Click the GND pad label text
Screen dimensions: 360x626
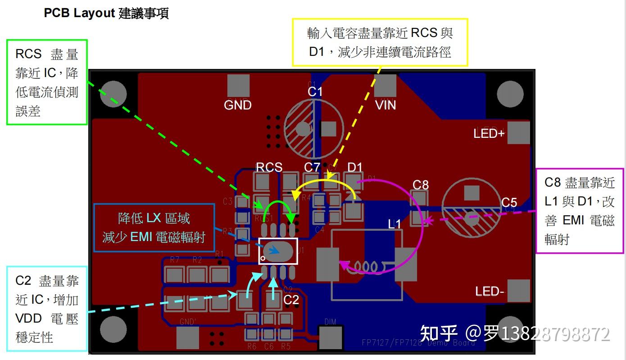[238, 105]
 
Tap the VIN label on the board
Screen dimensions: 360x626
[386, 105]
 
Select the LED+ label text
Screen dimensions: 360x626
[489, 133]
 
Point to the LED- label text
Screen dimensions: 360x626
[489, 292]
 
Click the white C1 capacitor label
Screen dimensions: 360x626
[315, 92]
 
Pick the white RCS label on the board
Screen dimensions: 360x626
[269, 167]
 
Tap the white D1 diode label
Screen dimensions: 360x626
[355, 167]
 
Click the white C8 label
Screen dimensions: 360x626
[421, 184]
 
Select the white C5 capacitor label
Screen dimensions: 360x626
[509, 202]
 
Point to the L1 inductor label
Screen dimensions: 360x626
[395, 224]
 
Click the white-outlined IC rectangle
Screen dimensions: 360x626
[278, 251]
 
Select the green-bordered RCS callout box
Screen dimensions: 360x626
[47, 82]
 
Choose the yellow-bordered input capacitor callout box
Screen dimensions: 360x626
[380, 42]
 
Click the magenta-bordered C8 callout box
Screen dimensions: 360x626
[580, 210]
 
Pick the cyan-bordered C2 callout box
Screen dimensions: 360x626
[47, 309]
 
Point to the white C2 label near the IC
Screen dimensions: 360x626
[291, 300]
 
